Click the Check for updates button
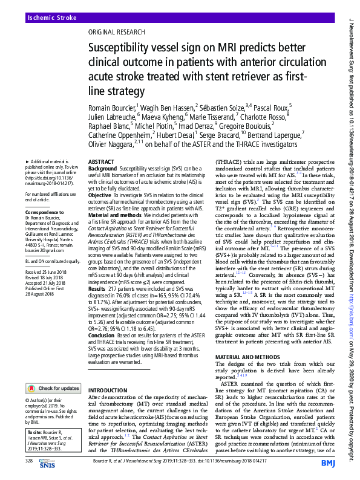click(56, 371)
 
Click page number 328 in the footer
click(29, 461)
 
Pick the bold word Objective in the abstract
click(100, 196)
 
